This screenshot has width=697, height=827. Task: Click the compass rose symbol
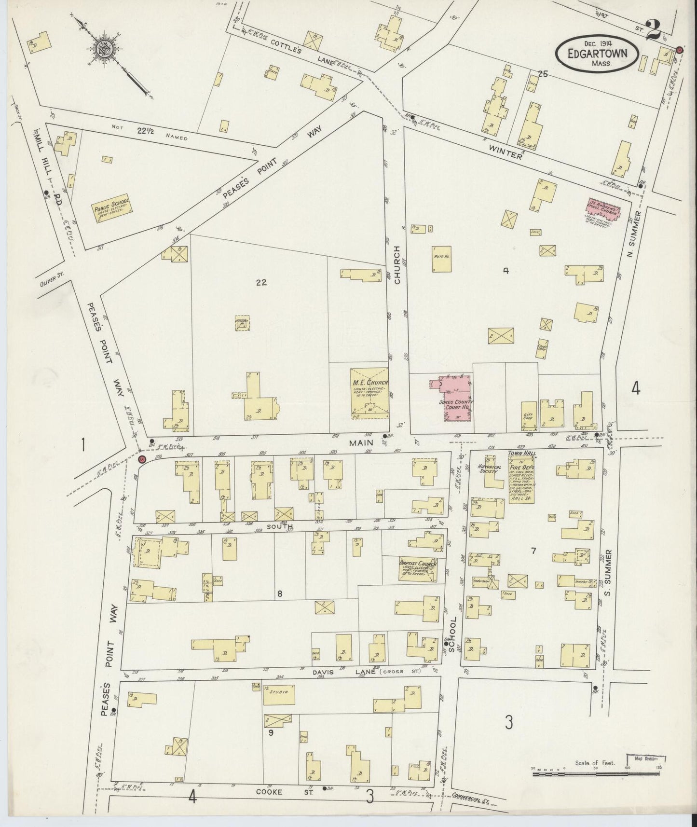(104, 48)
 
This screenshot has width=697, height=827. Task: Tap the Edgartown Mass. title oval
(598, 54)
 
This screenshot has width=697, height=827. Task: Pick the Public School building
(112, 209)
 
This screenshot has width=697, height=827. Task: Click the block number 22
(261, 283)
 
